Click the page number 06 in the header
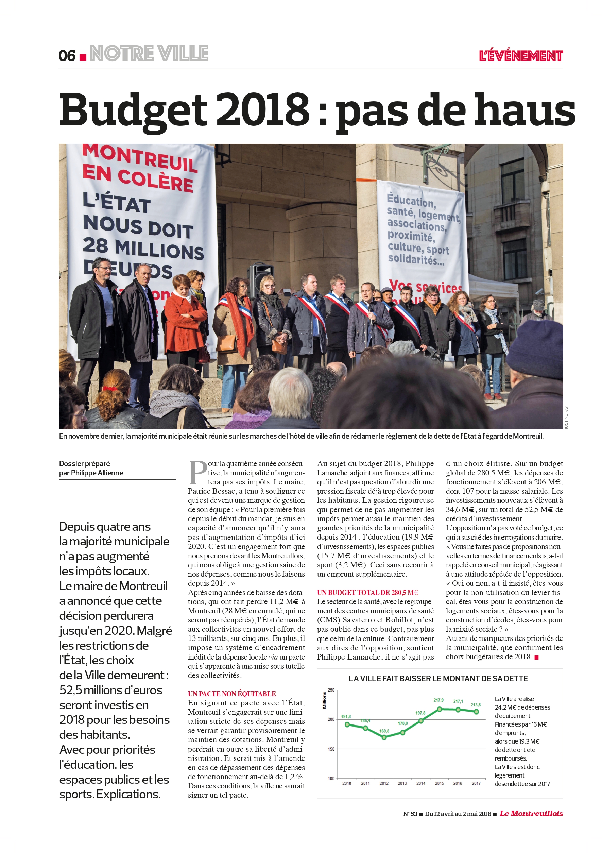67,56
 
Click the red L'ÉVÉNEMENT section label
521,56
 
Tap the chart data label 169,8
384,731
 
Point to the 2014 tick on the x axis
420,783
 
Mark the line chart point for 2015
439,709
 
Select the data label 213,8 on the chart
476,705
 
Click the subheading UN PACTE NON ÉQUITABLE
232,694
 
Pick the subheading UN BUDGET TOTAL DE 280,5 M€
367,593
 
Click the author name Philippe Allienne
97,473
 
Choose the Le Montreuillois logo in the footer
531,813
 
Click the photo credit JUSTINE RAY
566,417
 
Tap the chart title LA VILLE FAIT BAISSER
438,678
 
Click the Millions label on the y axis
325,700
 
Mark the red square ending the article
536,657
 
